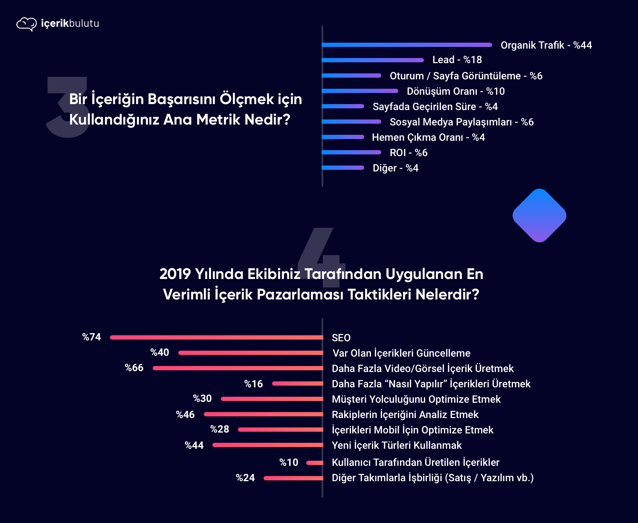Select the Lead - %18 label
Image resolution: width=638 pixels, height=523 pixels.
pyautogui.click(x=457, y=60)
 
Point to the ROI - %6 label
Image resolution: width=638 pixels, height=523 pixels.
pyautogui.click(x=408, y=153)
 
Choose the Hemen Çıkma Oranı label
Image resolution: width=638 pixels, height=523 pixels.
pyautogui.click(x=428, y=137)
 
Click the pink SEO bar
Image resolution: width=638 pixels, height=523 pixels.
pyautogui.click(x=216, y=337)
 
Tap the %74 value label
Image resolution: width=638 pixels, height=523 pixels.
pyautogui.click(x=91, y=337)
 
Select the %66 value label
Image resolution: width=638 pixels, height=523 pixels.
pyautogui.click(x=134, y=368)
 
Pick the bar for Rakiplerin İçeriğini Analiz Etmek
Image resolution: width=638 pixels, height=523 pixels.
pyautogui.click(x=263, y=414)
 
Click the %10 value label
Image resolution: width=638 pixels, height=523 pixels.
pyautogui.click(x=289, y=462)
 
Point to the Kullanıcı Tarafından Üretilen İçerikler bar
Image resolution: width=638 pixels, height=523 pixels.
pyautogui.click(x=315, y=463)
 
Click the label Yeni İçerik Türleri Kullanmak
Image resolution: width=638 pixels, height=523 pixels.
pyautogui.click(x=397, y=445)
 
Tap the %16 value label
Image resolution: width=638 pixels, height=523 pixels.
pyautogui.click(x=253, y=384)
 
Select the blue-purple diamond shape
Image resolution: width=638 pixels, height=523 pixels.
pyautogui.click(x=539, y=215)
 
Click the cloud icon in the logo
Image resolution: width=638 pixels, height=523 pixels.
pyautogui.click(x=26, y=24)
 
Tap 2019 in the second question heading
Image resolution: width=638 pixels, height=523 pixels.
pyautogui.click(x=175, y=274)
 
